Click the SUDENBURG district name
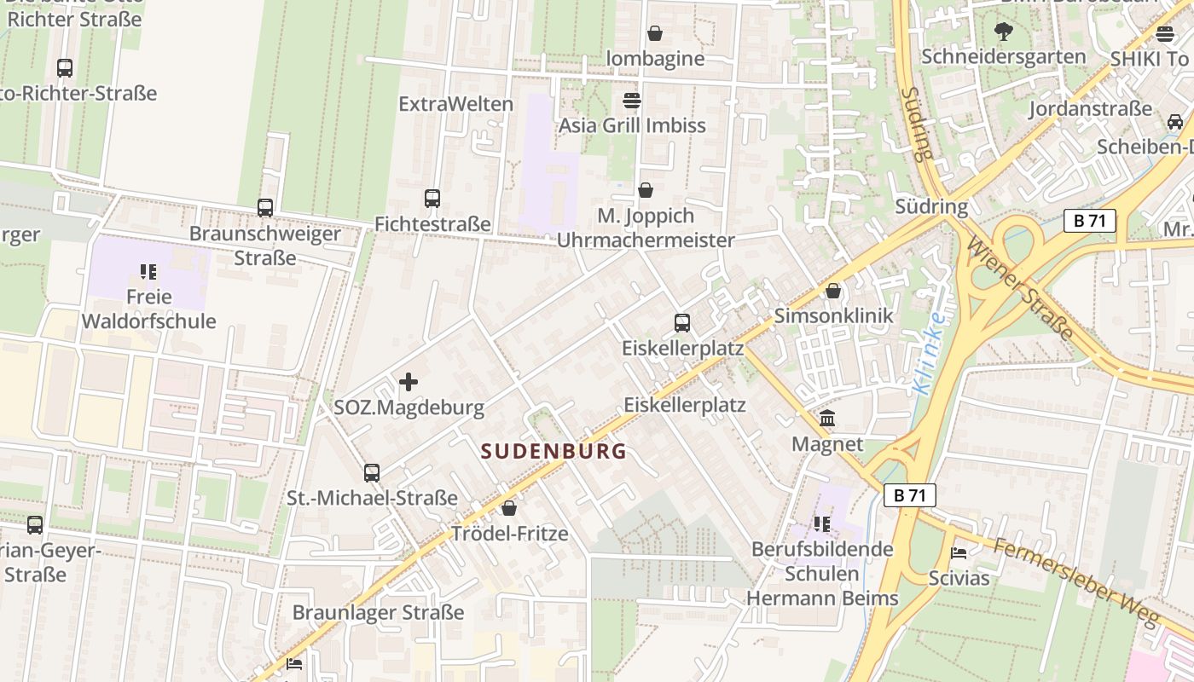click(x=554, y=451)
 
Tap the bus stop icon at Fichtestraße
click(x=432, y=199)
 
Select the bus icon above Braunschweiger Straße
click(x=265, y=207)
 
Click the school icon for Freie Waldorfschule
click(x=148, y=272)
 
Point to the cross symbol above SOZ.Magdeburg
click(x=409, y=382)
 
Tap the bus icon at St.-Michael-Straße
click(x=371, y=472)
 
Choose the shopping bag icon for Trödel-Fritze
click(x=509, y=508)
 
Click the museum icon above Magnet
click(x=827, y=419)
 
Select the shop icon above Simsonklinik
click(x=833, y=291)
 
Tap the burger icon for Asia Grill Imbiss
click(x=632, y=101)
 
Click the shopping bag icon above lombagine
click(x=655, y=33)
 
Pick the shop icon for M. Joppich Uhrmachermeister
click(x=646, y=190)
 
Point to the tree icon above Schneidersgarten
click(x=1003, y=32)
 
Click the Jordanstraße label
click(x=1090, y=109)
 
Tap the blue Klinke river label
click(x=928, y=353)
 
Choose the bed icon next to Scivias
click(x=959, y=552)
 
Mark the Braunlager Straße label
click(x=378, y=612)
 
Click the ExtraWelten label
click(x=456, y=104)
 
